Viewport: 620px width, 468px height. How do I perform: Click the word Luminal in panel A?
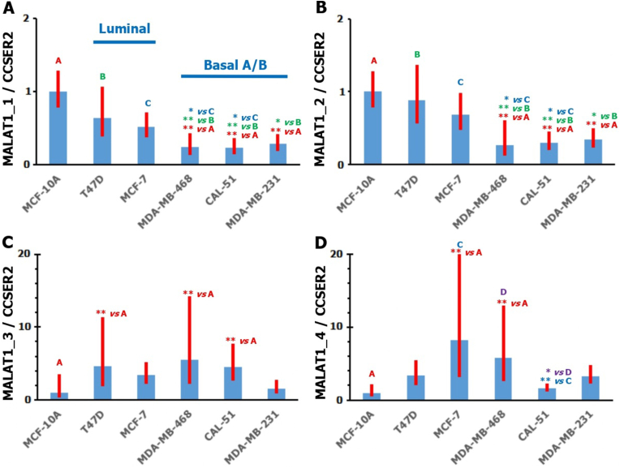[x=124, y=30]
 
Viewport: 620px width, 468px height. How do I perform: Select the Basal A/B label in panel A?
[x=235, y=65]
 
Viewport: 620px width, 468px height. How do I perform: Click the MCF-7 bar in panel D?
[x=460, y=370]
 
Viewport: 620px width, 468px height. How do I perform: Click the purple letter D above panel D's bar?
[x=504, y=293]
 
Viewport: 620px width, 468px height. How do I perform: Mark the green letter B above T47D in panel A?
[x=102, y=76]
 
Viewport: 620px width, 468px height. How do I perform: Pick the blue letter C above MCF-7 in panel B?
[x=460, y=82]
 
